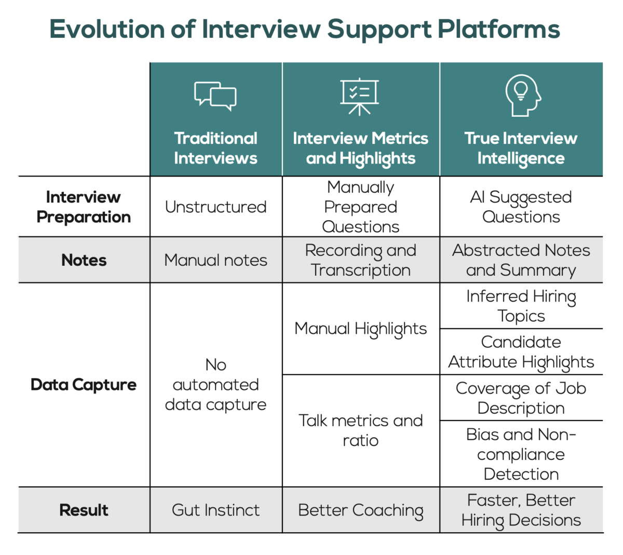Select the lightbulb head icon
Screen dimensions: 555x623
522,95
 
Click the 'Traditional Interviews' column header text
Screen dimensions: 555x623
215,148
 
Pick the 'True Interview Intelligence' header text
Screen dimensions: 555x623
521,148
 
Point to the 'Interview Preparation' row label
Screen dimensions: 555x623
84,207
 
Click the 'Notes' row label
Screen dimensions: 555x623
84,260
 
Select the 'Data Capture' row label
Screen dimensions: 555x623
84,385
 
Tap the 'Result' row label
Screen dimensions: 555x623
84,510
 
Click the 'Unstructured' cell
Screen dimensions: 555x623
215,207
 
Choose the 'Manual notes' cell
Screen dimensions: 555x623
215,260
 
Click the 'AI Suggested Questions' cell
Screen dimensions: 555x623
521,207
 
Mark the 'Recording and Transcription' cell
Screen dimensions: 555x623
361,260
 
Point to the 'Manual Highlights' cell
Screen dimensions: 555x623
361,329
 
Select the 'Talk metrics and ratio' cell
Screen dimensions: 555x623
361,430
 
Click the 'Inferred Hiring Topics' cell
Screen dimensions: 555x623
521,306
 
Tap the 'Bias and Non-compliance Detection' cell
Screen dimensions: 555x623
521,454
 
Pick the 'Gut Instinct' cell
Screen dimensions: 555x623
215,510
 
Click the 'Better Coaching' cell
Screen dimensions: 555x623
361,510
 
